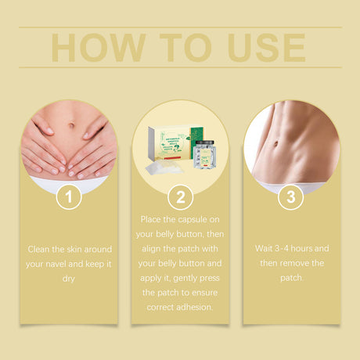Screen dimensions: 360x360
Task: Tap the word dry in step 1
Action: (x=70, y=278)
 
